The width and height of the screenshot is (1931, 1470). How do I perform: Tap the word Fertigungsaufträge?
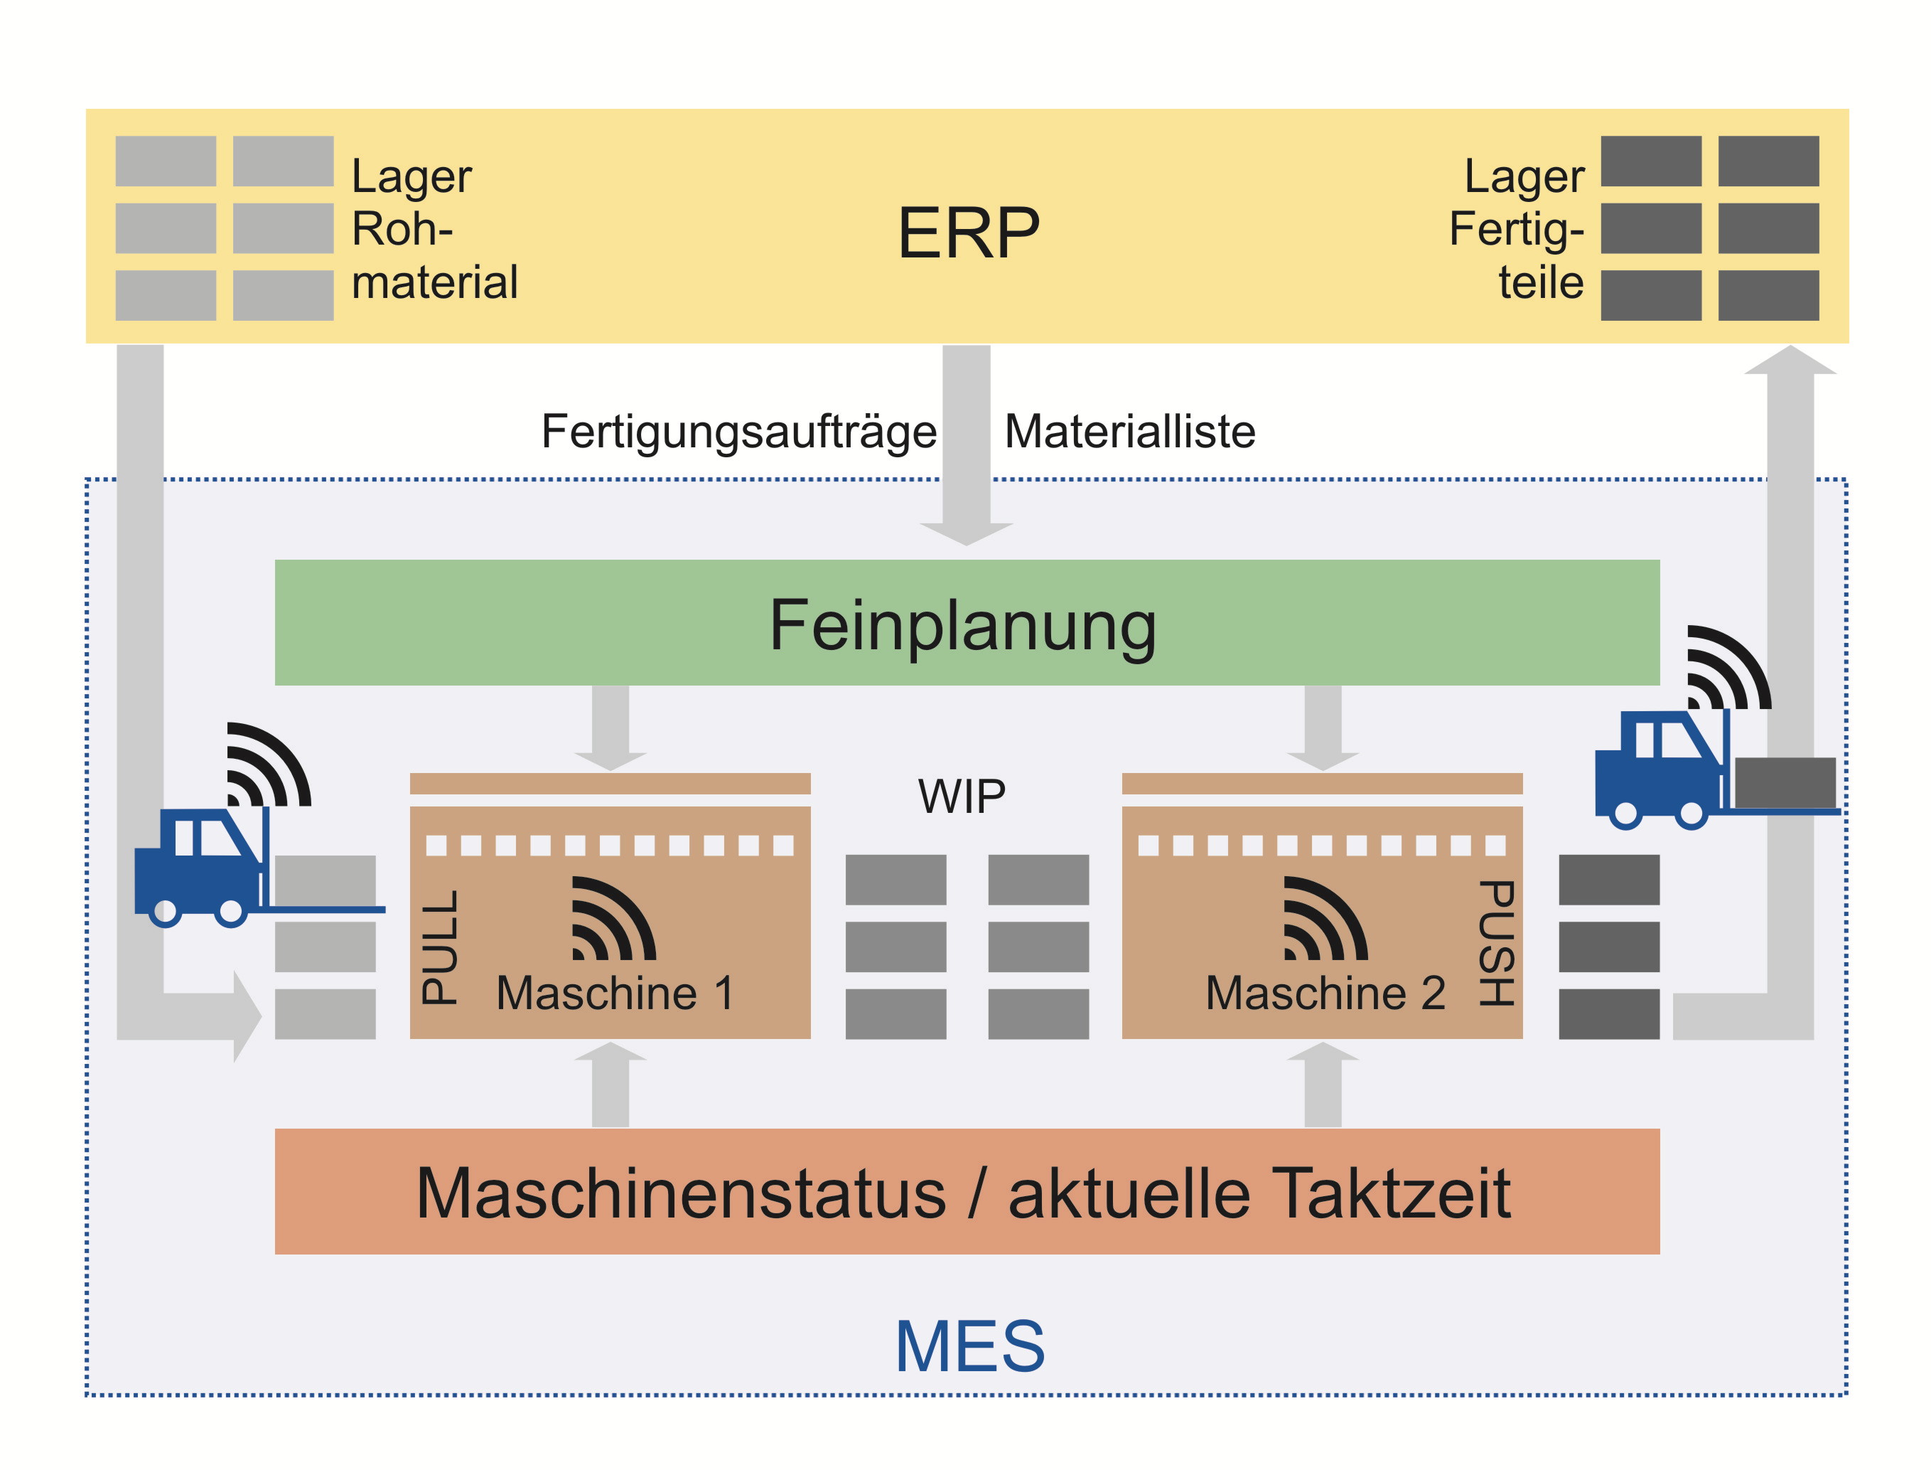[738, 432]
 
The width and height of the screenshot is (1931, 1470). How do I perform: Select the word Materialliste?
[1129, 432]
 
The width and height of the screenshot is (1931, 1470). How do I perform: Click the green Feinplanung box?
[967, 623]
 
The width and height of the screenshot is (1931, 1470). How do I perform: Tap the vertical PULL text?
[440, 947]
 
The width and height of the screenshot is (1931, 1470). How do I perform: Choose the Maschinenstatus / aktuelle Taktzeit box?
[967, 1192]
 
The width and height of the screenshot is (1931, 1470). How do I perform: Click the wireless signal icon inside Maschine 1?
[611, 920]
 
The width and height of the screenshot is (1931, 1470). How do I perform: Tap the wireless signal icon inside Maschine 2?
[1323, 920]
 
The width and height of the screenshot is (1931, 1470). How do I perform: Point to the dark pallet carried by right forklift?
[1784, 782]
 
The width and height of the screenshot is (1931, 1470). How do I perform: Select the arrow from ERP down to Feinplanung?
[967, 446]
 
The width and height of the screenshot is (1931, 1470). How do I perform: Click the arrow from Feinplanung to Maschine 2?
[1323, 726]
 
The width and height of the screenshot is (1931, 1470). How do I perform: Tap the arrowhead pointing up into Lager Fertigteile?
[1790, 361]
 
